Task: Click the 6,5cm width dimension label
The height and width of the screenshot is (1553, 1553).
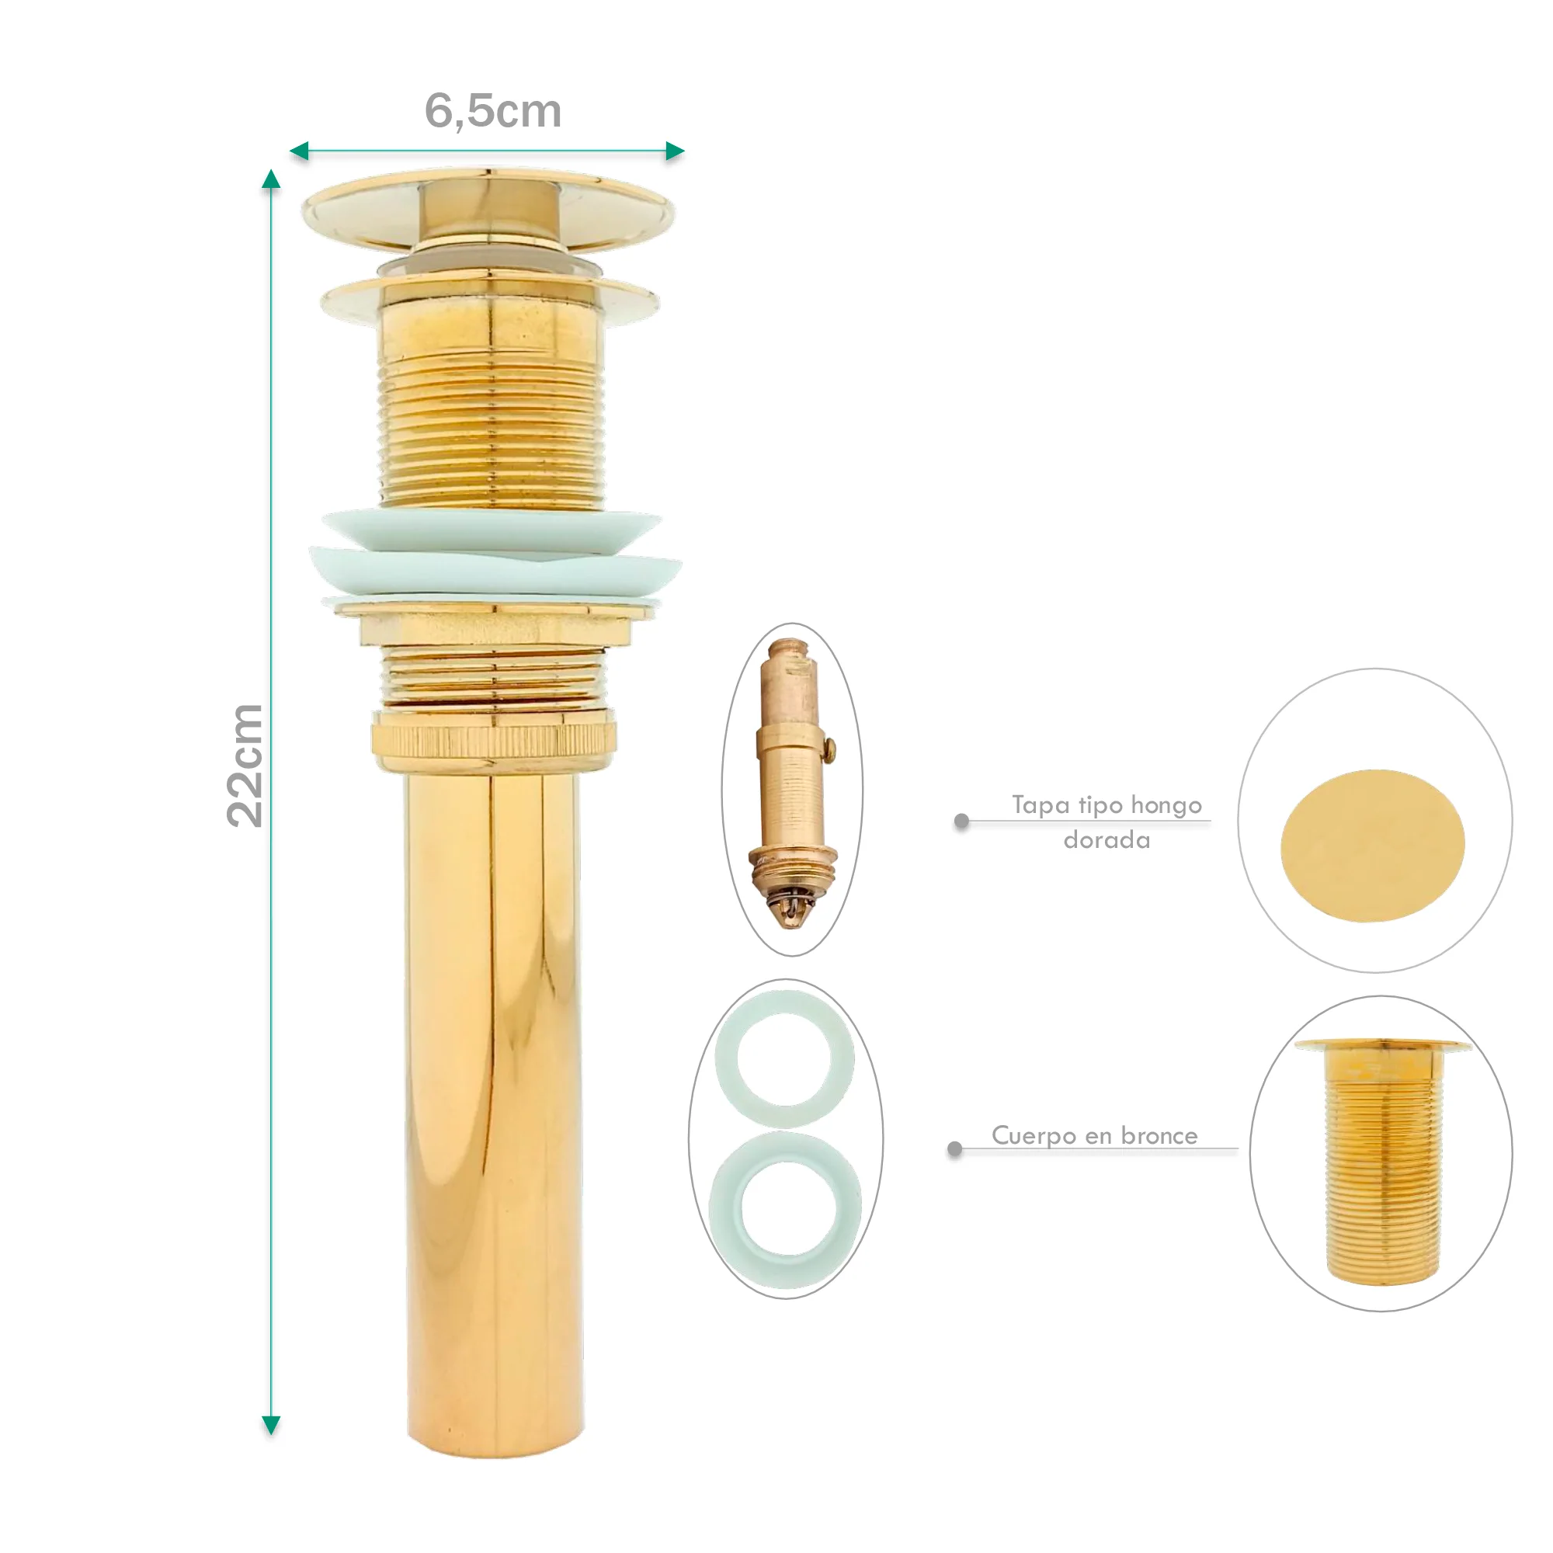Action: click(x=493, y=112)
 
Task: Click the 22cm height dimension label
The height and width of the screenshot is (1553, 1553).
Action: click(x=245, y=766)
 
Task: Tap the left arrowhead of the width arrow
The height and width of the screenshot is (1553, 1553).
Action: click(x=299, y=151)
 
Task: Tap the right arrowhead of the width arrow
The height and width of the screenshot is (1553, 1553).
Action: click(x=676, y=151)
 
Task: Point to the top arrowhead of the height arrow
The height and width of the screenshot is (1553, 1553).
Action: click(x=271, y=179)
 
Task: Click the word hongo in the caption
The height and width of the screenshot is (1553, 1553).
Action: click(x=1166, y=805)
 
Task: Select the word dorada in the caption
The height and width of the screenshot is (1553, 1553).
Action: click(x=1106, y=840)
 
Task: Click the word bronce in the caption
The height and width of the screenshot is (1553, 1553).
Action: click(x=1159, y=1135)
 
